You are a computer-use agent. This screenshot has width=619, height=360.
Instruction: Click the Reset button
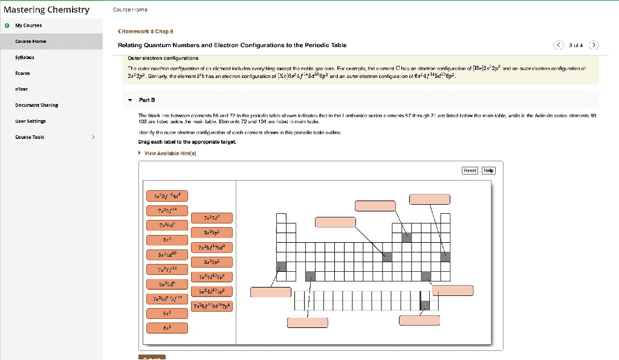[x=470, y=170]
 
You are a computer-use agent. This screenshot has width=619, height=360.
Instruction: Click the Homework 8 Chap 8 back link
[x=147, y=31]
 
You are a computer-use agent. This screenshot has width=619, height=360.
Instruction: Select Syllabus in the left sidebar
[x=25, y=57]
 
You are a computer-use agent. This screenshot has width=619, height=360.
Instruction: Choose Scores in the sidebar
[x=22, y=73]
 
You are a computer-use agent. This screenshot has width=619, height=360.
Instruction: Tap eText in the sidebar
[x=21, y=89]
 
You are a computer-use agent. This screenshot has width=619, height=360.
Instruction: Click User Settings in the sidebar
[x=30, y=121]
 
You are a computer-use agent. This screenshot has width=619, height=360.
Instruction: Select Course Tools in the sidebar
[x=30, y=137]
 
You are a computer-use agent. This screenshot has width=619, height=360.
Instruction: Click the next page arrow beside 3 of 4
[x=594, y=45]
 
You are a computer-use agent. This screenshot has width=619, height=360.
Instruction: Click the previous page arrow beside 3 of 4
[x=559, y=45]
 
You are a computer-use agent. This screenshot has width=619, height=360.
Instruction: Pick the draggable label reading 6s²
[x=166, y=313]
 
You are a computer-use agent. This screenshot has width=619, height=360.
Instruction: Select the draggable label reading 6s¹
[x=166, y=327]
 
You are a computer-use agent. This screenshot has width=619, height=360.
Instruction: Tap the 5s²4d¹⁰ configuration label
[x=166, y=254]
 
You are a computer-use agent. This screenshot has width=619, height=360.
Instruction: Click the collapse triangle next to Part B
[x=130, y=100]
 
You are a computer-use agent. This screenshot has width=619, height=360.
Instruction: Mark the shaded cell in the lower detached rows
[x=425, y=305]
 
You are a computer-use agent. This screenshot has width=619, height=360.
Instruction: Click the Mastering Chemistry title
[x=47, y=10]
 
